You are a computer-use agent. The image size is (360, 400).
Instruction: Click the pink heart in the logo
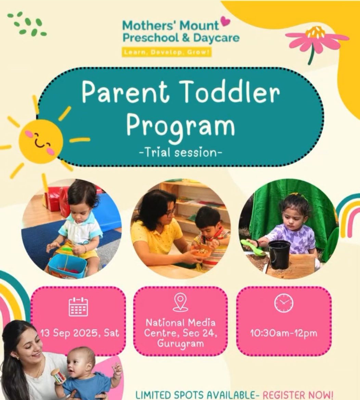[225, 22]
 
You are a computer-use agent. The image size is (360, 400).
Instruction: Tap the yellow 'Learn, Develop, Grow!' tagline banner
[167, 52]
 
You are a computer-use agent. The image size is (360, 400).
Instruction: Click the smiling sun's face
[41, 141]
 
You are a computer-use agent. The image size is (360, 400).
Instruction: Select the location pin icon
[180, 303]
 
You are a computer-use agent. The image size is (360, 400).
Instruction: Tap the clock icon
[284, 303]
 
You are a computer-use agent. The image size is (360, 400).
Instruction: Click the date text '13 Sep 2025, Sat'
[79, 333]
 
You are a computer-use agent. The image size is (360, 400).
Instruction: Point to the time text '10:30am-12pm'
[284, 333]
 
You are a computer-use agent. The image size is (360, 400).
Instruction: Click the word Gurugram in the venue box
[180, 343]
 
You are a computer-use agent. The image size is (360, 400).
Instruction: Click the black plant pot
[279, 253]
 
